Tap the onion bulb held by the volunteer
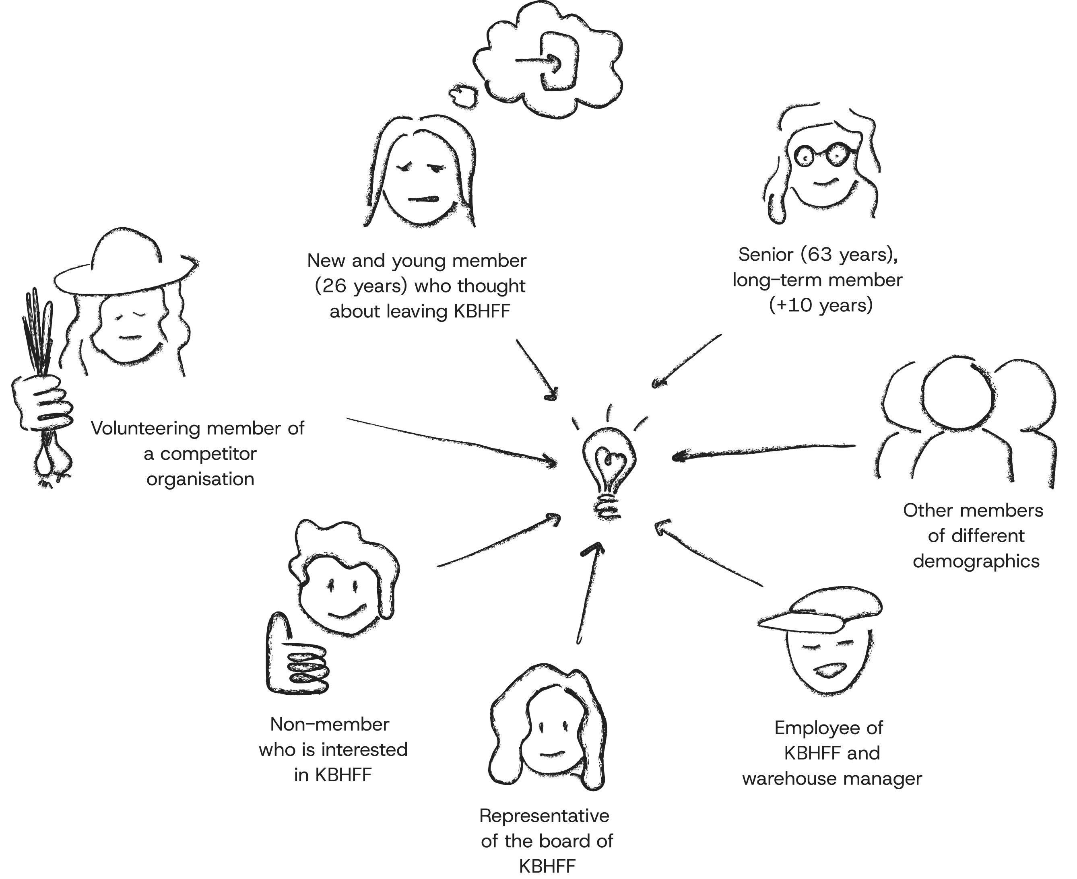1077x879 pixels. (52, 460)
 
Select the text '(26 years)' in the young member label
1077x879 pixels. (361, 286)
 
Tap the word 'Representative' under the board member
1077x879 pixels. (544, 816)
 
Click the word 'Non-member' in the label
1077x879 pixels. (329, 724)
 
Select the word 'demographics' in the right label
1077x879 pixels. (976, 561)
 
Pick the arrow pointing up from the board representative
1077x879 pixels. (588, 593)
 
